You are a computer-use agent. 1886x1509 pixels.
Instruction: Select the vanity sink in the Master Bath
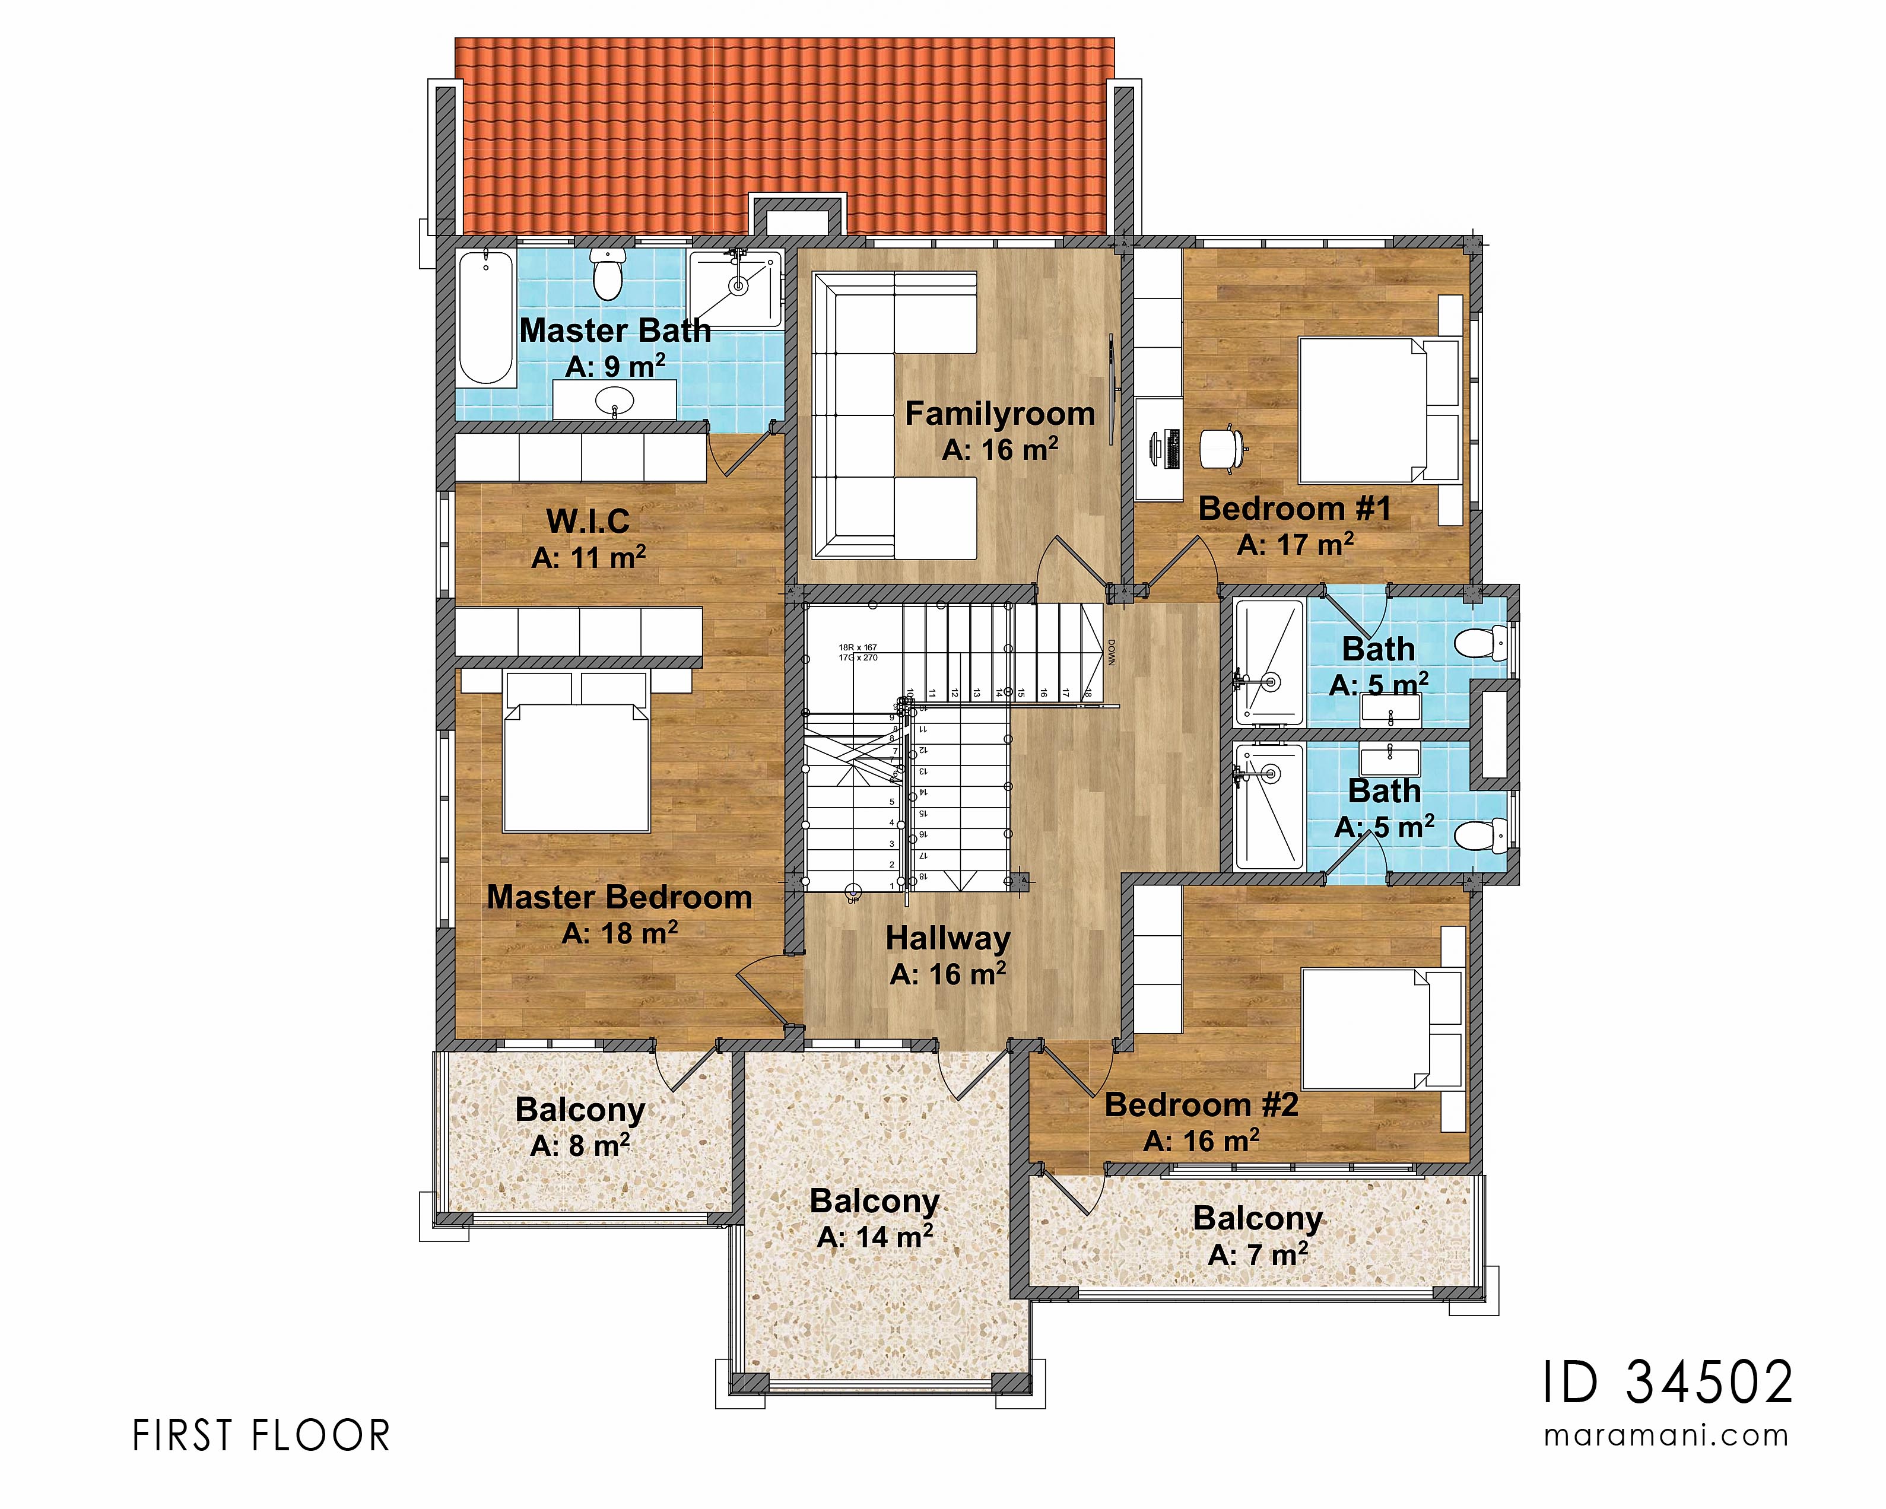[x=614, y=404]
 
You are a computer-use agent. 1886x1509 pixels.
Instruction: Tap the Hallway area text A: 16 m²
[x=948, y=974]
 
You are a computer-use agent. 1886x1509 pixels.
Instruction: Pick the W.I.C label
[x=588, y=522]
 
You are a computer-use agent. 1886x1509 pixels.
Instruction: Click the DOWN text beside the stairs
[x=1112, y=652]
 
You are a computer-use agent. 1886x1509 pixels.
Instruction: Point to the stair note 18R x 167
[x=858, y=648]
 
